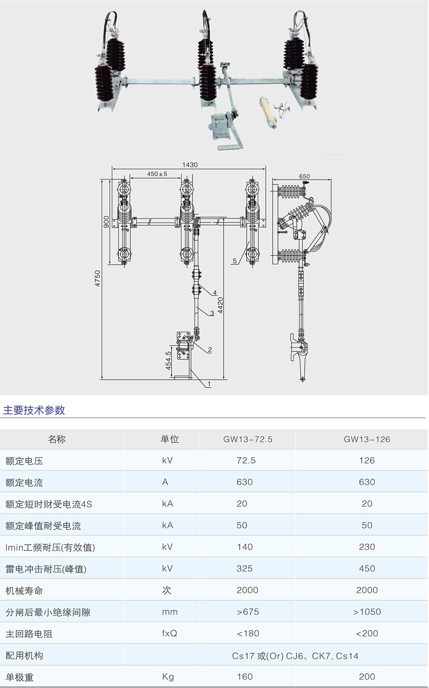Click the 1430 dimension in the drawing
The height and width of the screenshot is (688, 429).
tap(190, 165)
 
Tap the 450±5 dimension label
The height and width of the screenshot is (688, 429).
tap(157, 174)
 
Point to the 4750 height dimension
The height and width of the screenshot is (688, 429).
tap(97, 278)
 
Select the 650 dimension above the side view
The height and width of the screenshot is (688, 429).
tap(304, 176)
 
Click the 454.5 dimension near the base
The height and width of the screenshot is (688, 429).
tap(168, 360)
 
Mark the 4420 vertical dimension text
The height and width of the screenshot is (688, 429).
tap(221, 306)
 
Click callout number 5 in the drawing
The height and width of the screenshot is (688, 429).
tap(235, 261)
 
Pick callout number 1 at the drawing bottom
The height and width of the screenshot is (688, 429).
tap(209, 384)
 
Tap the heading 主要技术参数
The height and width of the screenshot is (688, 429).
tap(34, 410)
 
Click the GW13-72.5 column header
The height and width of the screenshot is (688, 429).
tap(248, 439)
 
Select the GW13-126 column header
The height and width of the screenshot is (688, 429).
tap(367, 439)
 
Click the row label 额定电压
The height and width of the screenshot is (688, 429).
tap(24, 461)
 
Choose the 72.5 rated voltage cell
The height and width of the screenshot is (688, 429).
tap(246, 460)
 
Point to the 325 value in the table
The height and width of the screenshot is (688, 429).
tap(244, 568)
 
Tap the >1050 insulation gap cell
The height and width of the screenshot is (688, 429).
tap(367, 612)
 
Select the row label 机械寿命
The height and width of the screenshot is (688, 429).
tap(24, 591)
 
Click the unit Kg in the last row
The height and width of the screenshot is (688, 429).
tap(168, 677)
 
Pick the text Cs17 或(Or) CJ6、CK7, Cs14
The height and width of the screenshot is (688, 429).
tap(295, 656)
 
